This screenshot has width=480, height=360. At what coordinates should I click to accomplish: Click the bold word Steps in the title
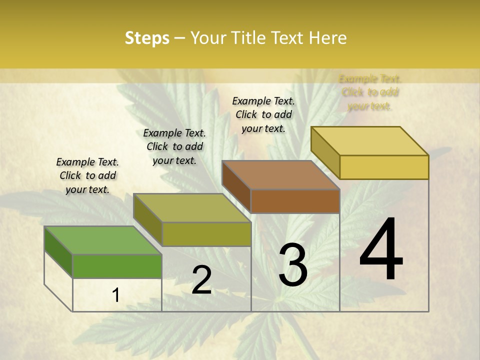[x=147, y=38]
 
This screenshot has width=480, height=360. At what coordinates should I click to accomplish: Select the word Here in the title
[x=328, y=38]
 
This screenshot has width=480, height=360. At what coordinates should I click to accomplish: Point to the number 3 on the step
[x=293, y=265]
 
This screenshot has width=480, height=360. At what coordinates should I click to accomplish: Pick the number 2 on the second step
[x=201, y=280]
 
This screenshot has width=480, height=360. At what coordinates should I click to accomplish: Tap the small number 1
[x=115, y=295]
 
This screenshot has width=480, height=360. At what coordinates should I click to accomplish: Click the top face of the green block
[x=102, y=240]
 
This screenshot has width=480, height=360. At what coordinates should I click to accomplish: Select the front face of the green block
[x=117, y=266]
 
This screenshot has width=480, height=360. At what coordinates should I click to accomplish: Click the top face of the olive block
[x=191, y=207]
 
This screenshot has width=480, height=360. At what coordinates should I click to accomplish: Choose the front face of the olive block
[x=206, y=234]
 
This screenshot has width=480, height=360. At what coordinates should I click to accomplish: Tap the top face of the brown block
[x=280, y=175]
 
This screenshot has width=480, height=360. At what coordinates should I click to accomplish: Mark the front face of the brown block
[x=295, y=201]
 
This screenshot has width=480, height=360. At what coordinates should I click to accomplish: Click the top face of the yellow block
[x=369, y=140]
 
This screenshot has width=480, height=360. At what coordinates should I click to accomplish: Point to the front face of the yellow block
[x=384, y=167]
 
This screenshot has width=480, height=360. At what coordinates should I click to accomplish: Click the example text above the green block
[x=87, y=175]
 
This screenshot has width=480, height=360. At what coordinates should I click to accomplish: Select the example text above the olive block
[x=174, y=146]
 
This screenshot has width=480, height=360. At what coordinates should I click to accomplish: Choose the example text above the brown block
[x=263, y=114]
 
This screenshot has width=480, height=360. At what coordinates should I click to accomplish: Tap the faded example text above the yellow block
[x=370, y=92]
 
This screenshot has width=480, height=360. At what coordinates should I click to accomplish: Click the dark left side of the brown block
[x=236, y=186]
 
